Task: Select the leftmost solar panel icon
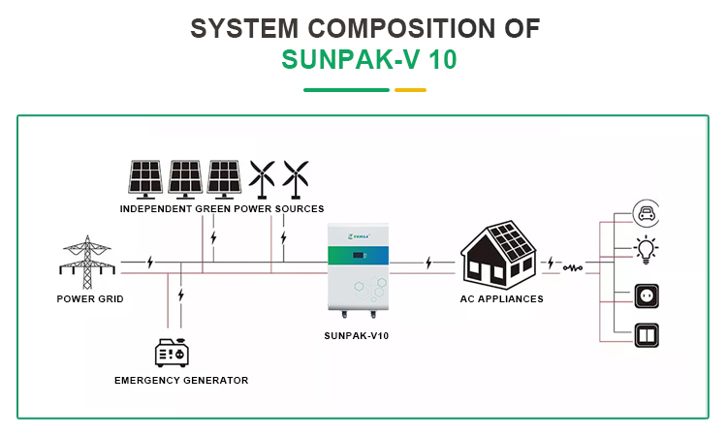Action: click(x=146, y=177)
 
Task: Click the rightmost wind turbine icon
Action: click(x=295, y=178)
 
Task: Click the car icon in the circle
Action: click(x=646, y=213)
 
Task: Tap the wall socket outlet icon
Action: click(x=646, y=293)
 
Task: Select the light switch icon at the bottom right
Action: click(x=646, y=333)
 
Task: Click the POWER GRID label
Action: click(x=90, y=299)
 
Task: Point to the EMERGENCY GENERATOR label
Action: click(x=181, y=381)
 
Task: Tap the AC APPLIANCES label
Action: click(x=501, y=299)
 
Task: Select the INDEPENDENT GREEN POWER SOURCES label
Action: click(x=222, y=208)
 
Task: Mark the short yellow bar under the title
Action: click(x=410, y=90)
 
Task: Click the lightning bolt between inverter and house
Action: click(x=427, y=262)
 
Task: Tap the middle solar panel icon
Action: click(x=185, y=177)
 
